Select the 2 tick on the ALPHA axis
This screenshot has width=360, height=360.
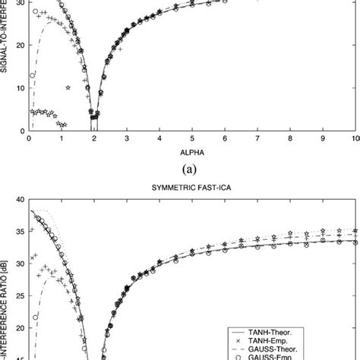(94, 139)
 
